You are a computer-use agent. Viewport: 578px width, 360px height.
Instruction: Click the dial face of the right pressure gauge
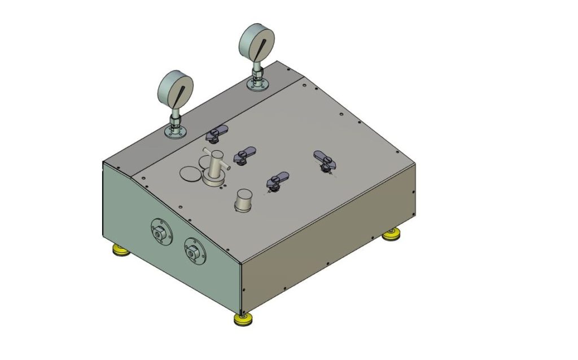click(x=257, y=43)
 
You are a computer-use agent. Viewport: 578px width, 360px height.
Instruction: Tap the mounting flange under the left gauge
click(x=176, y=133)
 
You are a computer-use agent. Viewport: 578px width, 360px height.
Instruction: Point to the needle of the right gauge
click(x=261, y=46)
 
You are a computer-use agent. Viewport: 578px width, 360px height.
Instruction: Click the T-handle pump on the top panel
click(x=214, y=166)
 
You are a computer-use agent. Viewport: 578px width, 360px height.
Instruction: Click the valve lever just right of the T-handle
click(x=245, y=153)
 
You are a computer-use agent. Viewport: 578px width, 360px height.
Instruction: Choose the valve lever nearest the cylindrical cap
click(x=277, y=180)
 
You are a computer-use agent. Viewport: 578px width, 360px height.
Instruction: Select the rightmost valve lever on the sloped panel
click(x=325, y=160)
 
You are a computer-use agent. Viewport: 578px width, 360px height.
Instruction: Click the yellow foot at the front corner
click(x=243, y=320)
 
